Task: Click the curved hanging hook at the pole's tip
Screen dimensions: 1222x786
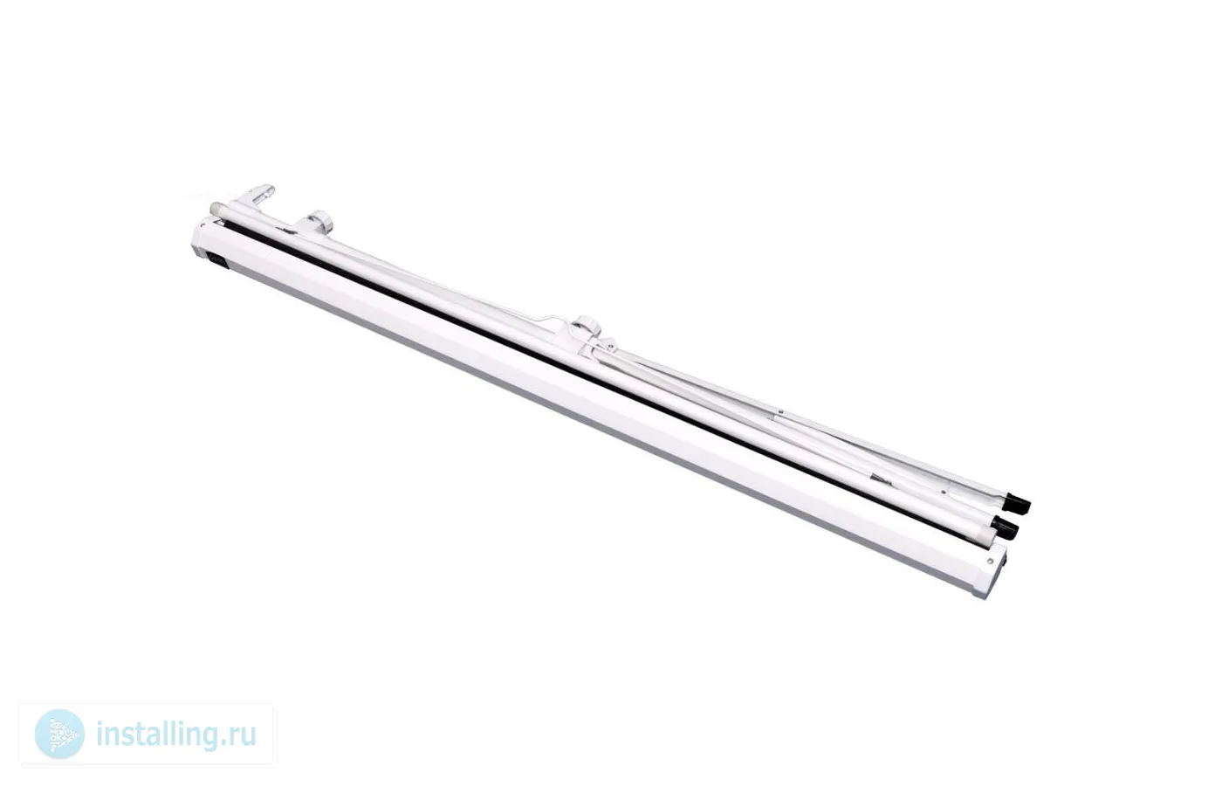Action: (256, 196)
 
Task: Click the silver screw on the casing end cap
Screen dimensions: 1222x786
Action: (990, 561)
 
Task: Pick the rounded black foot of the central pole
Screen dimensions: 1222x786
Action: (1005, 526)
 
